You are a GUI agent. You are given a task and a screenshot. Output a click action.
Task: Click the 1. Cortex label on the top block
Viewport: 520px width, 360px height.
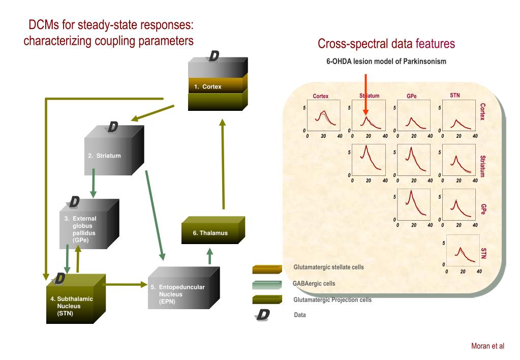(x=207, y=86)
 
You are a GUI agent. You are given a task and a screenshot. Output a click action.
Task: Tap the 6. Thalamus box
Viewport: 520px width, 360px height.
(x=210, y=233)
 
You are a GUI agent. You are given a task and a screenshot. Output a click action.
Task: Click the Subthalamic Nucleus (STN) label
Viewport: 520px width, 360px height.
(x=71, y=306)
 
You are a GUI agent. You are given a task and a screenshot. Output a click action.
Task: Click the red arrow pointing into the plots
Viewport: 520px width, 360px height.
(x=365, y=97)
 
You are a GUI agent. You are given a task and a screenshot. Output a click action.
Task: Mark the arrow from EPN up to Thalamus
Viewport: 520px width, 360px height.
(x=210, y=257)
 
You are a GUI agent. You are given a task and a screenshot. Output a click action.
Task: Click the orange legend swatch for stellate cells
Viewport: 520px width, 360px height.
(x=267, y=269)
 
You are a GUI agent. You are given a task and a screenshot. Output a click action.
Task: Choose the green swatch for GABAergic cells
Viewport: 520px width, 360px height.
(x=267, y=285)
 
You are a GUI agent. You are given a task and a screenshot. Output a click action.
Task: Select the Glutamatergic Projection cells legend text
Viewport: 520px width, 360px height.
(x=332, y=299)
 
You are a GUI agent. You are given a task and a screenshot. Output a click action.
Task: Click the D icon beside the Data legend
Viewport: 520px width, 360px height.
(x=263, y=315)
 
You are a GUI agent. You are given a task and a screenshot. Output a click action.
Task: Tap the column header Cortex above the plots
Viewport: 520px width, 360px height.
(x=320, y=96)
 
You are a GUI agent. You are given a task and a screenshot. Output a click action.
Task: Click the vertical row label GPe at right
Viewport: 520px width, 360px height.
(x=483, y=209)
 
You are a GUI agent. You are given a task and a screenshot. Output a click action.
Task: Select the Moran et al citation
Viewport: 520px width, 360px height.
(x=487, y=346)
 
